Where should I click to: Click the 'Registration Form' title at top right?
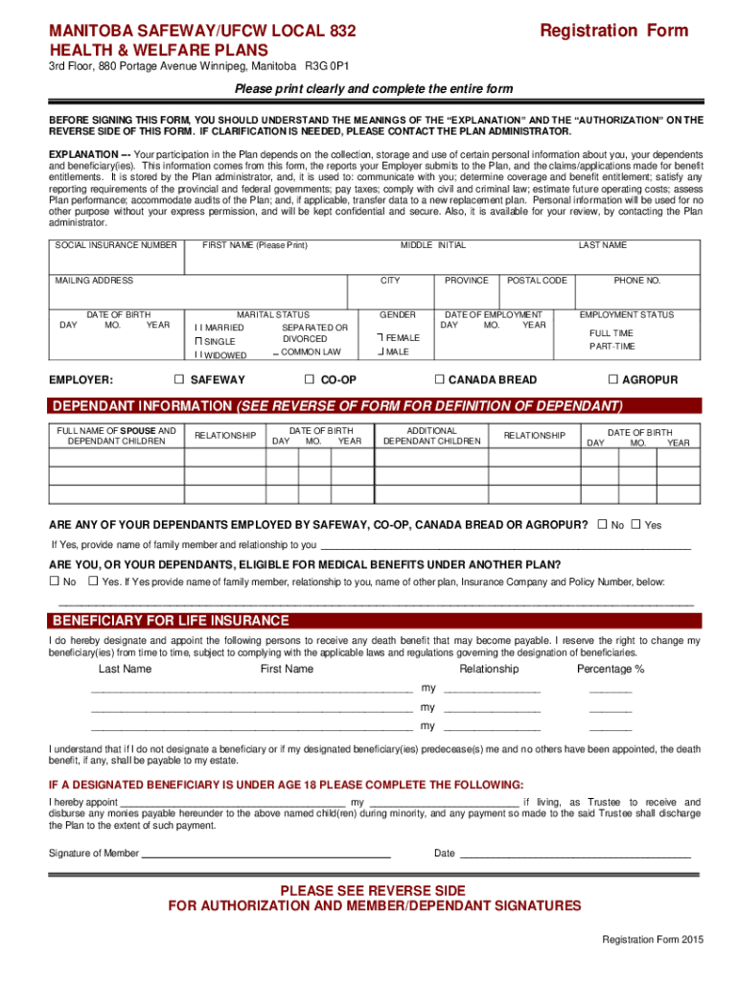pos(613,31)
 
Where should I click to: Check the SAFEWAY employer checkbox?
pos(179,379)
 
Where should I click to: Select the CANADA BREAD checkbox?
pos(440,379)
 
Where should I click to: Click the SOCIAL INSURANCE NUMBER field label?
pos(116,245)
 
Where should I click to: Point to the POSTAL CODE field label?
pos(537,281)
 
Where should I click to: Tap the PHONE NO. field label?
pos(637,281)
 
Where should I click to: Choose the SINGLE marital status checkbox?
pos(198,341)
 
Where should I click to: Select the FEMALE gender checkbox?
pos(381,337)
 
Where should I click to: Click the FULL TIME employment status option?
pos(611,333)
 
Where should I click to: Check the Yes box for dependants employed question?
pos(635,525)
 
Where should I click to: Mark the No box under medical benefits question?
pos(55,581)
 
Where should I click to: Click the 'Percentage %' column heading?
pos(611,669)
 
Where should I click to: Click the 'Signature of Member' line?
pos(265,853)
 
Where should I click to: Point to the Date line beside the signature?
pos(575,853)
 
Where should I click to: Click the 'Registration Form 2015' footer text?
pos(652,940)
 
